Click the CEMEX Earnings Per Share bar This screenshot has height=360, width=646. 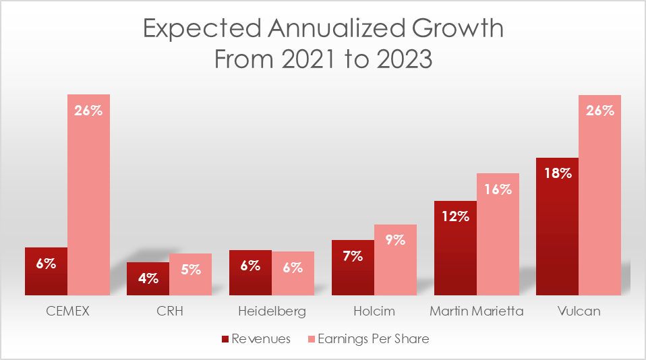(88, 196)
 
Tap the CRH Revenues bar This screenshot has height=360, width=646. (148, 279)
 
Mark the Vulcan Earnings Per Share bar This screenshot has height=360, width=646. (599, 196)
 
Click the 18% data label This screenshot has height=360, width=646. (558, 173)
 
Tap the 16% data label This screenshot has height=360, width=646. (498, 189)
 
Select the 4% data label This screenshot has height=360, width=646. (148, 278)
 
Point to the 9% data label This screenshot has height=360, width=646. (395, 239)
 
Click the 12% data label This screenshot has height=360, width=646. (455, 216)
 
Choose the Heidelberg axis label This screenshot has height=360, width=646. (272, 312)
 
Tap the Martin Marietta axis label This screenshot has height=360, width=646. (476, 312)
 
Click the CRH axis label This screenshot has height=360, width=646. (169, 312)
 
